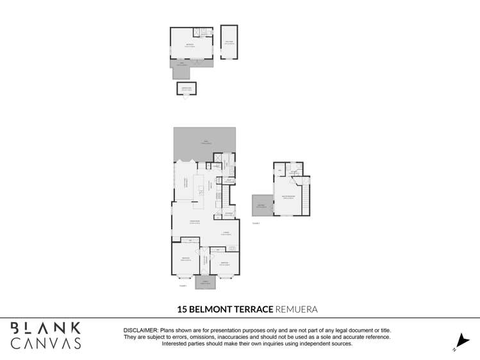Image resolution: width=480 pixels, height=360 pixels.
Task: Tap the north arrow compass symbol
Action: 459,341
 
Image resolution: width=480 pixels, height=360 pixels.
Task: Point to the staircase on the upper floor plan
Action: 306,195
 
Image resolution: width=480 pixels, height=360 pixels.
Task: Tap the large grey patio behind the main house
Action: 204,144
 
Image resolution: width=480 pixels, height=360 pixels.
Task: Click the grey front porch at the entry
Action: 206,282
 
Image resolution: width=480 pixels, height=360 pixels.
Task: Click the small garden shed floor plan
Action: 186,88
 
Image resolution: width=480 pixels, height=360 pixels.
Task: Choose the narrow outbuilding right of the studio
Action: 229,42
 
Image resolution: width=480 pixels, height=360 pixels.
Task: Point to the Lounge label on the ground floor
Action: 226,234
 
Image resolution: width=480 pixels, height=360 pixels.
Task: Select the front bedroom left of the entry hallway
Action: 186,259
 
